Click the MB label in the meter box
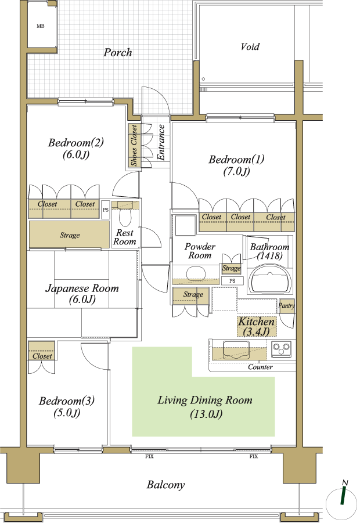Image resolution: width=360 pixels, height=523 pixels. (41, 26)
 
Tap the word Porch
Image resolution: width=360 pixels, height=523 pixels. (117, 52)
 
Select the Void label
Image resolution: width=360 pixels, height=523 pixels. (250, 46)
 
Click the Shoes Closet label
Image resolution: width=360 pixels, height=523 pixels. (134, 146)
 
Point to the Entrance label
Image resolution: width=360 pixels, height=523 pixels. (161, 142)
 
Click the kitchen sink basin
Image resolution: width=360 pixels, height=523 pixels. (236, 349)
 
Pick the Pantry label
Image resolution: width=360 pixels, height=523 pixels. (286, 305)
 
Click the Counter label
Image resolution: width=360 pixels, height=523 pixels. (260, 367)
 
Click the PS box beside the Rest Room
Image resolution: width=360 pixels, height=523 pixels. (106, 210)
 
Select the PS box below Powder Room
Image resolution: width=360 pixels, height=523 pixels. (233, 281)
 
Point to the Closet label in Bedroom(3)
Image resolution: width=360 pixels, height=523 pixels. (42, 356)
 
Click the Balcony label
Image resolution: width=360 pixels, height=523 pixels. (165, 485)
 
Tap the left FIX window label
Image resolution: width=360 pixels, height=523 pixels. (149, 456)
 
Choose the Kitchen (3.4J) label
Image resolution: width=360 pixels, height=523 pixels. (257, 327)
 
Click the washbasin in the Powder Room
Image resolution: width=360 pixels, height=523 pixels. (193, 273)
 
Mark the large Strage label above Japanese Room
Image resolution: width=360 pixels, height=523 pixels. (70, 235)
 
